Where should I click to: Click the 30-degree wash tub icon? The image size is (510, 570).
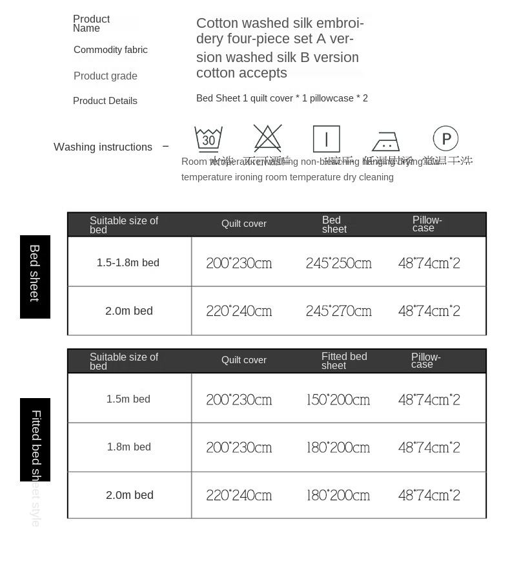point(209,138)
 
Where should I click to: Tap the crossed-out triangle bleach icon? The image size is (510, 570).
point(267,138)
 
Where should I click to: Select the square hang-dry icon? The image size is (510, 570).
point(326,139)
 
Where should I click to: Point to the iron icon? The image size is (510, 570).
point(385,141)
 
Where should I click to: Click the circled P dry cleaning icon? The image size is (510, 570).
point(445,138)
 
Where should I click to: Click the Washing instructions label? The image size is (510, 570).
point(103,147)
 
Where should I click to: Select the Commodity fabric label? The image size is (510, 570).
point(110,50)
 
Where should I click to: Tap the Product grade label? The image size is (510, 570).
point(105,76)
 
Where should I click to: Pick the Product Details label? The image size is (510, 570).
point(105,101)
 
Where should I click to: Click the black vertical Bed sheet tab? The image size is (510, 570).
point(35,276)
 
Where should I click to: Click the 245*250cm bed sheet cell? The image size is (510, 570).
point(339,263)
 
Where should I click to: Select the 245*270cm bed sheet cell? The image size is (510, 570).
point(339,311)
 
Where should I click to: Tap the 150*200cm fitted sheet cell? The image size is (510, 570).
point(338,399)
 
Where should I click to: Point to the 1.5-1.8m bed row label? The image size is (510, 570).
point(128,262)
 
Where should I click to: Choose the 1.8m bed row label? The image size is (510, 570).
point(129,447)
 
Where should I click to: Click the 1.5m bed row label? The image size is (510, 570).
point(128,399)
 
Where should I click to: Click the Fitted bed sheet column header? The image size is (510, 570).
point(344,361)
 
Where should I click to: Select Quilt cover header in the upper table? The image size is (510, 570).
point(244,224)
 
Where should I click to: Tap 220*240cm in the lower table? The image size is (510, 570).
point(239,495)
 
